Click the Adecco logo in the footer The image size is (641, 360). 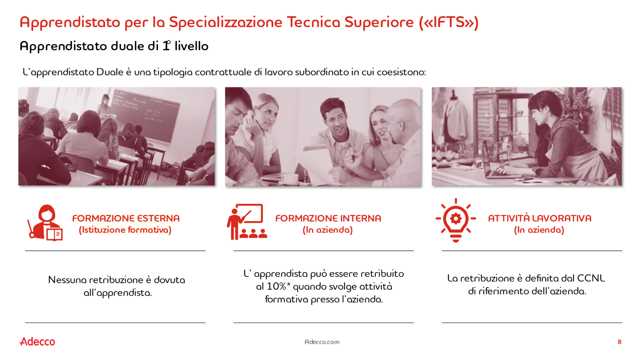37,341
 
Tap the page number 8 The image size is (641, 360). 619,342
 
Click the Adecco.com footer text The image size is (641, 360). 322,342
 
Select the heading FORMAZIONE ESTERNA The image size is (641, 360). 126,218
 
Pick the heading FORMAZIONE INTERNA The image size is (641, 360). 328,218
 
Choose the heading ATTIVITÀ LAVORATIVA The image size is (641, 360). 540,218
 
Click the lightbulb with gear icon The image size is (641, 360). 456,220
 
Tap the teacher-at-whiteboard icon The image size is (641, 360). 247,222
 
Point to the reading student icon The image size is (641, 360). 45,223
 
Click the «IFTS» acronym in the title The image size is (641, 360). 449,22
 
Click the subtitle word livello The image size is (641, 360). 192,46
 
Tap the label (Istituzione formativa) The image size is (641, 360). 125,230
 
